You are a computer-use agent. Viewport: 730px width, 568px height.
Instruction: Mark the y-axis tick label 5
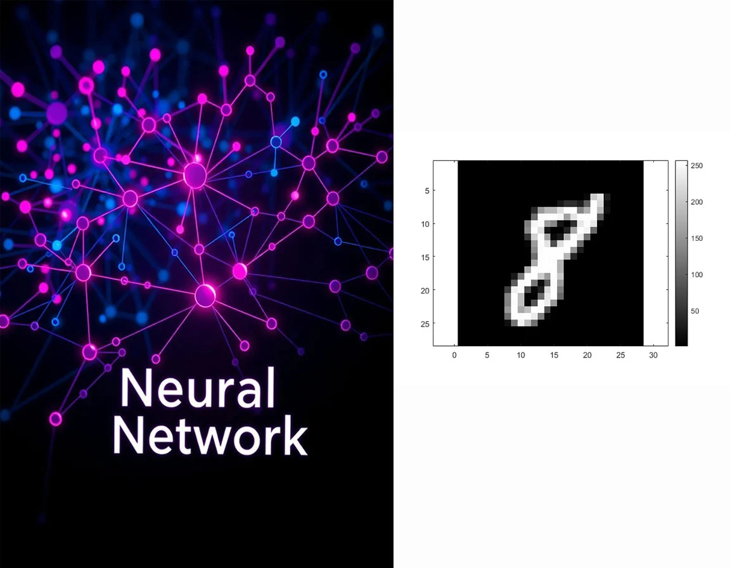click(426, 190)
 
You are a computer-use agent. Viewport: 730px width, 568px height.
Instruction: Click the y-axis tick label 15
click(424, 257)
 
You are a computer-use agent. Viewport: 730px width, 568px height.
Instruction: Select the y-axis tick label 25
click(424, 323)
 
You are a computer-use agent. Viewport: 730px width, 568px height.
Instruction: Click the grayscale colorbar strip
click(681, 253)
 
